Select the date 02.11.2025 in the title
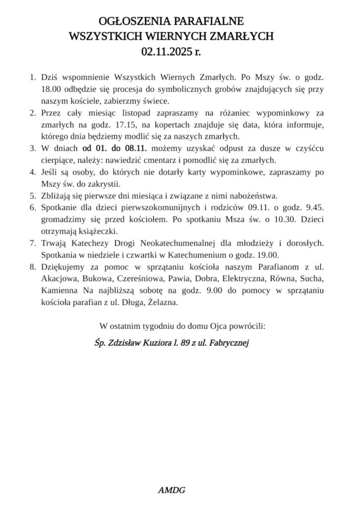(x=164, y=50)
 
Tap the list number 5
(x=33, y=195)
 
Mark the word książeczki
(x=96, y=231)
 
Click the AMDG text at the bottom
(x=171, y=491)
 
